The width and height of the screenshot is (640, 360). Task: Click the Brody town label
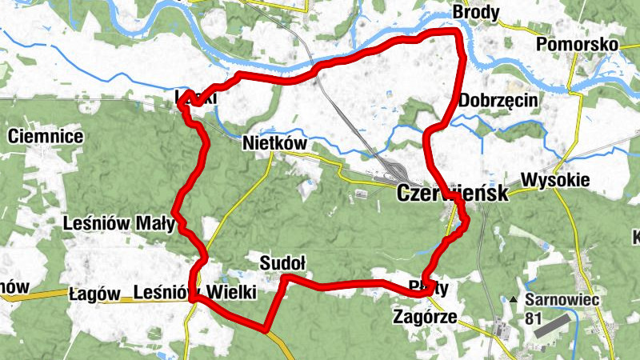click(476, 13)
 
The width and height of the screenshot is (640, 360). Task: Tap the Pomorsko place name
click(578, 44)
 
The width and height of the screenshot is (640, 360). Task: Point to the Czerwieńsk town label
click(452, 194)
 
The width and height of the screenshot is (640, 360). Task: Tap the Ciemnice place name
click(46, 137)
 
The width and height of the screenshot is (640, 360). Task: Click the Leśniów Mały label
click(118, 224)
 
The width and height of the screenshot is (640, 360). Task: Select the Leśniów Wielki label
click(196, 294)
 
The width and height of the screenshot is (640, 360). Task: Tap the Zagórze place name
click(425, 318)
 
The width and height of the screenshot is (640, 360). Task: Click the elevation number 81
click(534, 318)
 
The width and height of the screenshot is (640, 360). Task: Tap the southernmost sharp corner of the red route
click(265, 328)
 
